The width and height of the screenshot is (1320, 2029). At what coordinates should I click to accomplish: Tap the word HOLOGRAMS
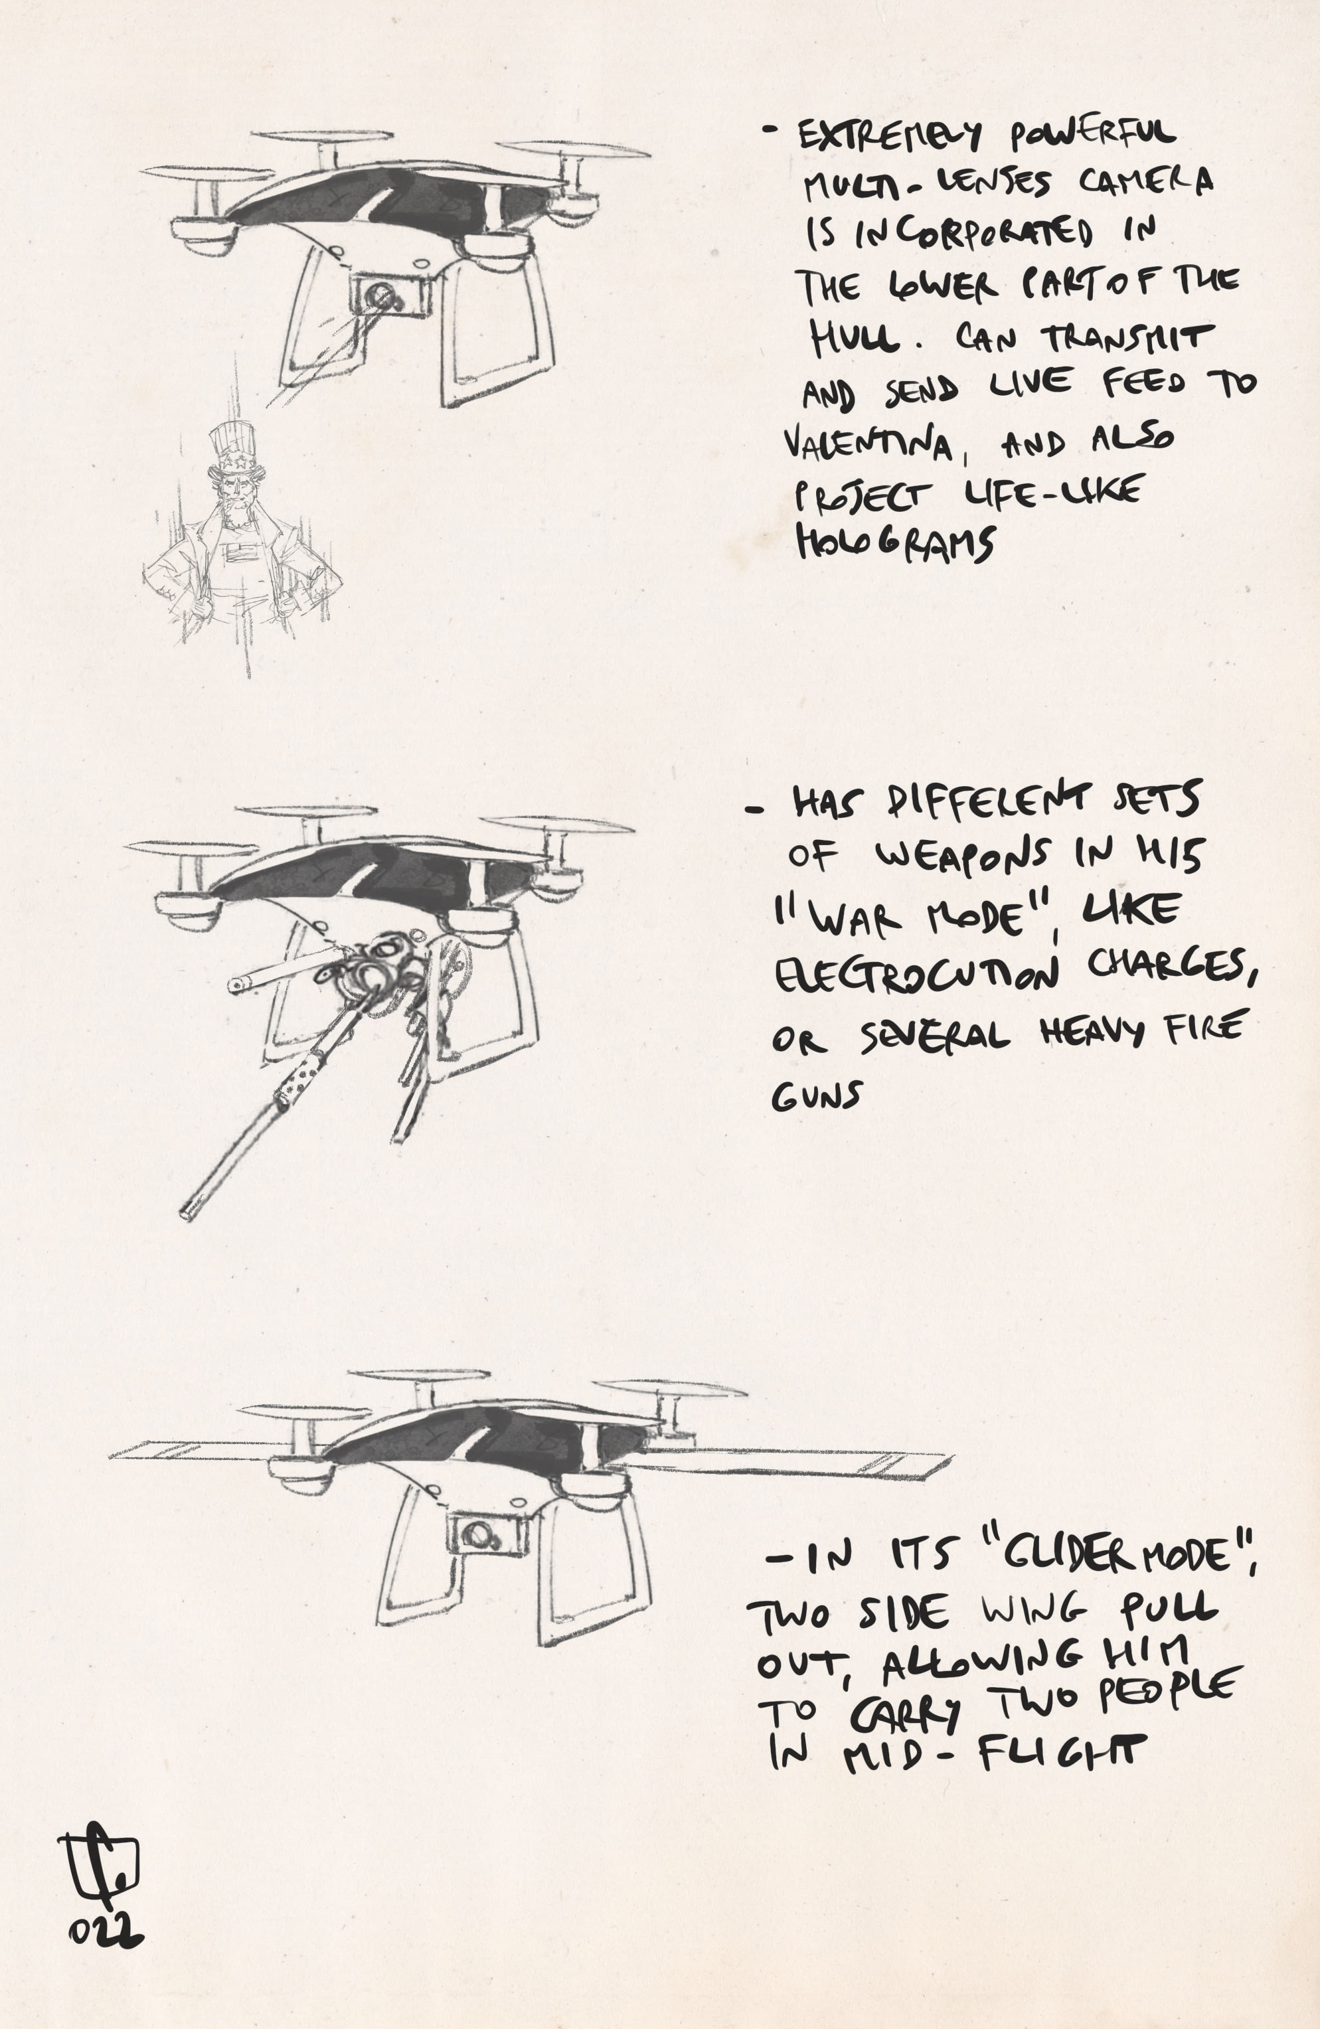(895, 543)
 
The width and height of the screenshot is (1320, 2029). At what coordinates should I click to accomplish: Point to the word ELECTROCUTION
(917, 975)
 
